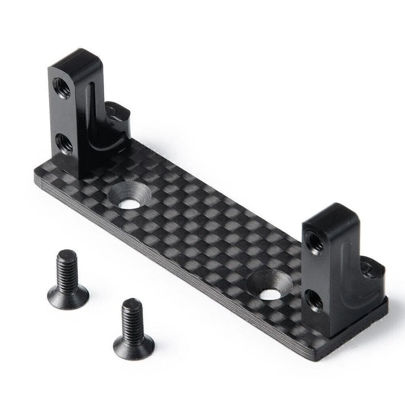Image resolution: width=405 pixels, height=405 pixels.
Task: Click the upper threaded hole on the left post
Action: click(x=62, y=87)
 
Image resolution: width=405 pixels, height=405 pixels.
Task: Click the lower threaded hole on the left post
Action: click(x=64, y=144)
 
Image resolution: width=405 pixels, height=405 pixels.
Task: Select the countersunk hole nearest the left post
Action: click(x=129, y=196)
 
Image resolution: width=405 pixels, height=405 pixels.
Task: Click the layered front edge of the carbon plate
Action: click(x=169, y=270)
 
